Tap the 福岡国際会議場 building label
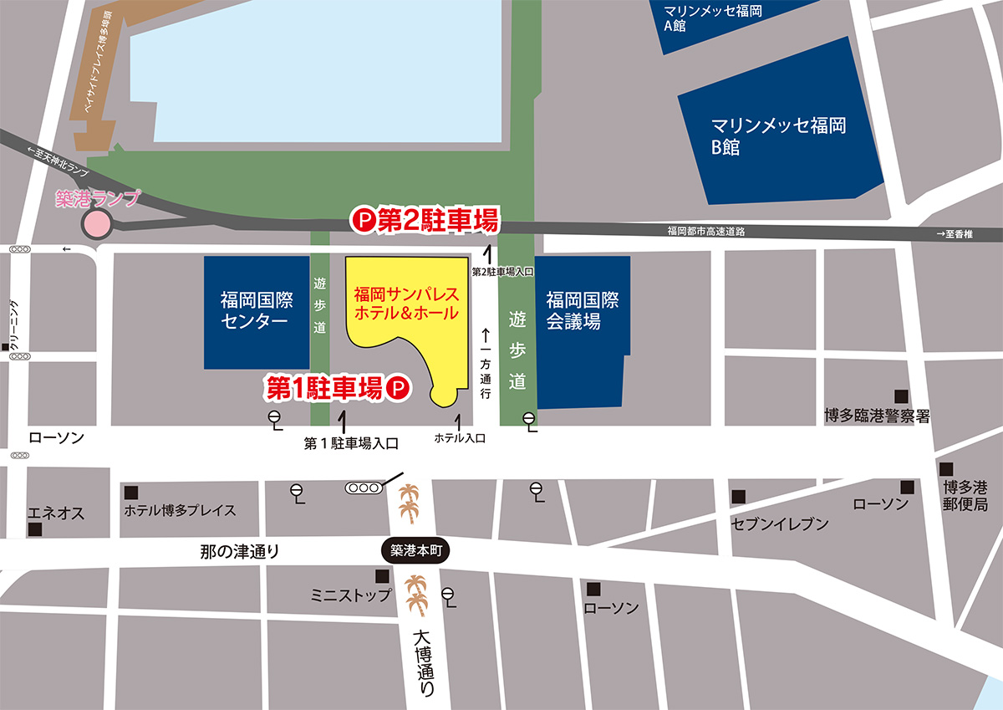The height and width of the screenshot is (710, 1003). point(582,310)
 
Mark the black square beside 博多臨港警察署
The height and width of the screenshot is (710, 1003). point(900,396)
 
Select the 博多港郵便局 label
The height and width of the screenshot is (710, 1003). point(965,495)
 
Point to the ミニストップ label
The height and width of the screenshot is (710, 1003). point(351,595)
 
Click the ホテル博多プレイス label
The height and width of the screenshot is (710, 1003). point(180,510)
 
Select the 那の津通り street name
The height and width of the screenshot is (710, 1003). point(239,551)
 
